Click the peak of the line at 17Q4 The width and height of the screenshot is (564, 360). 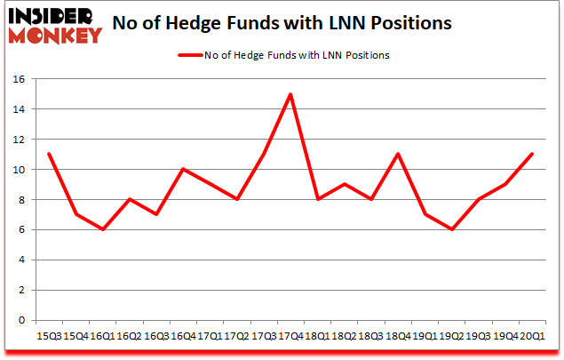click(290, 94)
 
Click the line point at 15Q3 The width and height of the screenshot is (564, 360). click(49, 155)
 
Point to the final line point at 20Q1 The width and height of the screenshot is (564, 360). click(531, 155)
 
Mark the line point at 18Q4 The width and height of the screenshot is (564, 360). click(397, 155)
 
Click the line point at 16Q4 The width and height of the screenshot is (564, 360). click(183, 169)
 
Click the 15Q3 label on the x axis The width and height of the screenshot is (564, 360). click(49, 335)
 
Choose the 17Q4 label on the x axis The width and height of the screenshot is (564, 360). click(290, 335)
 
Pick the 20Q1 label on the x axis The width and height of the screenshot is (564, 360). click(531, 335)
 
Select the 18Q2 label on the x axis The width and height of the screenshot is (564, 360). click(344, 335)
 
